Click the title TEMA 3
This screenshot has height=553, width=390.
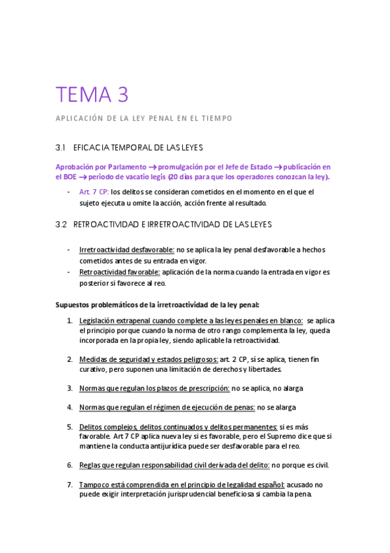click(92, 95)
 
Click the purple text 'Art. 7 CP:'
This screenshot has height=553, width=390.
click(94, 192)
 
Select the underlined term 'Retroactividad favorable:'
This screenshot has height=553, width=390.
click(119, 272)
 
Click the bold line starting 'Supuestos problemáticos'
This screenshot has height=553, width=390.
click(158, 305)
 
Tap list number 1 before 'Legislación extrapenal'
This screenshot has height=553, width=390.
click(70, 321)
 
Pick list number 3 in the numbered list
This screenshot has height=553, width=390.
click(70, 388)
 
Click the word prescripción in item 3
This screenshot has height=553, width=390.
click(208, 388)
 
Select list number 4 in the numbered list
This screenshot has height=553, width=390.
click(70, 408)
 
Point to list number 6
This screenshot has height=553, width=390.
click(70, 465)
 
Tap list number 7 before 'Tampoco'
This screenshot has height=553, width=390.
click(70, 485)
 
